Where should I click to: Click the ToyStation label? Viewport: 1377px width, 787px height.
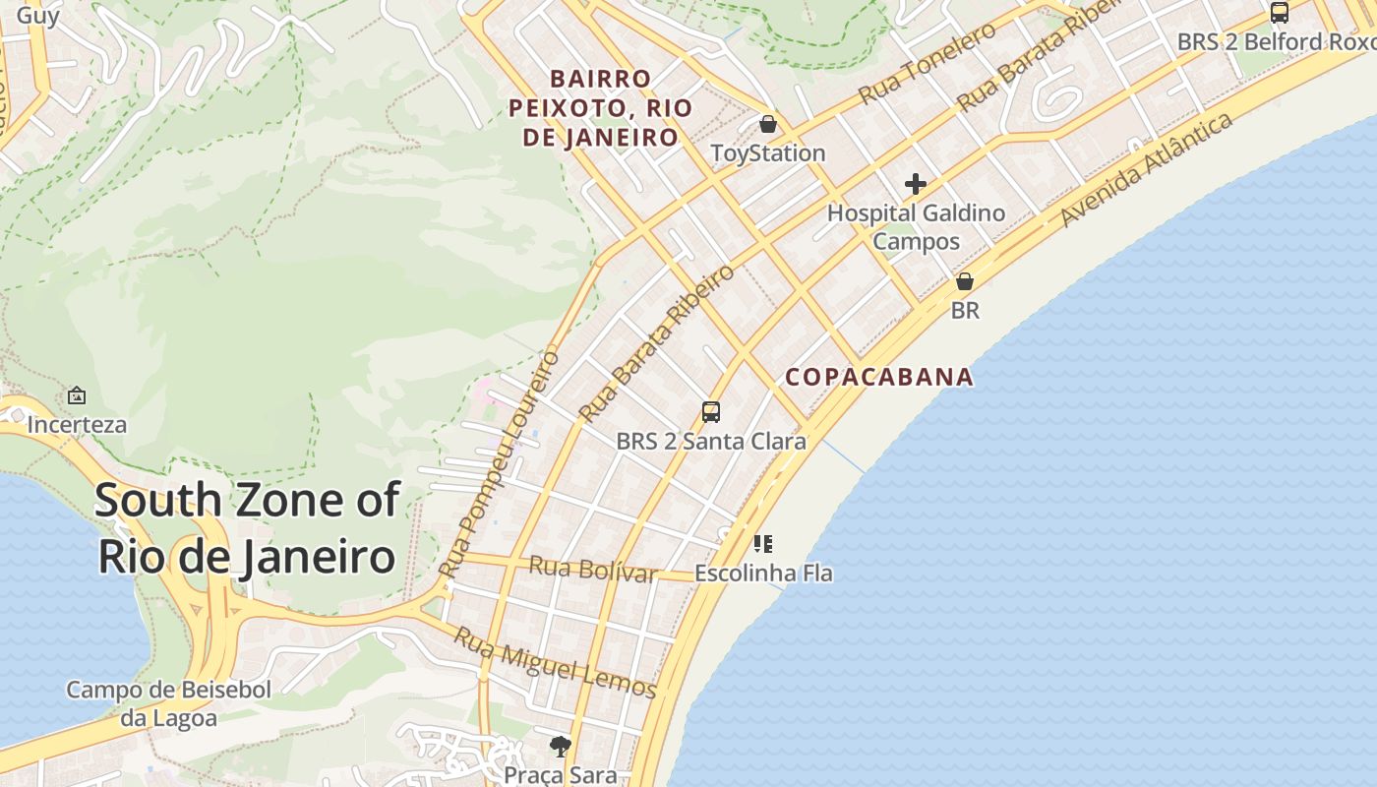point(767,153)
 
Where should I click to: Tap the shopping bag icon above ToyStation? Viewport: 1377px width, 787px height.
point(768,125)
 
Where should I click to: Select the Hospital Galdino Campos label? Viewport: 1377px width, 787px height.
point(916,227)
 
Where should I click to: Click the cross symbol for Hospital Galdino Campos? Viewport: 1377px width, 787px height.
point(916,184)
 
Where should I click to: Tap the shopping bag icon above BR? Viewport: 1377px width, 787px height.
point(965,281)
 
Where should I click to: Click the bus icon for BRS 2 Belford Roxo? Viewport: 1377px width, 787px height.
point(1279,13)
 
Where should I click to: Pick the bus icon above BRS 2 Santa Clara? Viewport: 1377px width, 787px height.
point(711,412)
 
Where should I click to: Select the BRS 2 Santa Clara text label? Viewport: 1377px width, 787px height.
point(711,442)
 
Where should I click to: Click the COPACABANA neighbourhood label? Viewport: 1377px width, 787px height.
point(879,377)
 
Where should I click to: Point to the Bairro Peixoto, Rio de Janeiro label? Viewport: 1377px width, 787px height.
point(600,107)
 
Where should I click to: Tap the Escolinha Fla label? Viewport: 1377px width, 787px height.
point(763,573)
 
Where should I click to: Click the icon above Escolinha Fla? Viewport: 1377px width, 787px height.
point(763,543)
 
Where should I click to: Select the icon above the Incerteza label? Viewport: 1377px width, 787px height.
point(77,395)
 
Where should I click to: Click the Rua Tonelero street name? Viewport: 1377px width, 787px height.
point(927,64)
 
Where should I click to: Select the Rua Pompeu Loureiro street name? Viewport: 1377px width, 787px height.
point(500,464)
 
